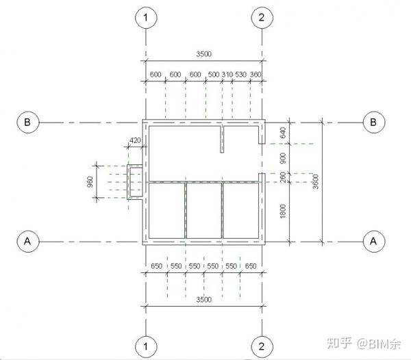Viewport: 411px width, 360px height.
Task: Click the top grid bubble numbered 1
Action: click(146, 18)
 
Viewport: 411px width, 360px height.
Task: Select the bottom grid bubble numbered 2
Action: click(262, 346)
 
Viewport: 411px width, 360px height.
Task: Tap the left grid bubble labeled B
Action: click(28, 123)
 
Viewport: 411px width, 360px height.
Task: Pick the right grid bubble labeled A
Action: click(374, 241)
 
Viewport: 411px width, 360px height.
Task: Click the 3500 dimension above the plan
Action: click(203, 54)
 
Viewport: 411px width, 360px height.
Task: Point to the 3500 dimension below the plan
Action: click(203, 299)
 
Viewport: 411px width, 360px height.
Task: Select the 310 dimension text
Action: click(227, 75)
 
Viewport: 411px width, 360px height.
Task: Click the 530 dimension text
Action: click(240, 75)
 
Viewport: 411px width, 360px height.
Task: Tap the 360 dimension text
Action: click(256, 75)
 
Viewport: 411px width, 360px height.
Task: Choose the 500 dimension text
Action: click(213, 75)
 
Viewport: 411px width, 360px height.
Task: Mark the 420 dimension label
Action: click(135, 140)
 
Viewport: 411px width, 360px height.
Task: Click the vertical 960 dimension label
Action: click(90, 181)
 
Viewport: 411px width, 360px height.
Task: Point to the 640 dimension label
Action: click(283, 133)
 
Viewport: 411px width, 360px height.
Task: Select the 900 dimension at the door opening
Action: click(283, 158)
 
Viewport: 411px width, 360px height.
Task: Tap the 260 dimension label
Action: click(283, 177)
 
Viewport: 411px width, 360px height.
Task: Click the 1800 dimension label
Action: click(283, 211)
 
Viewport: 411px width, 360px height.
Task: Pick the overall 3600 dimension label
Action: click(316, 181)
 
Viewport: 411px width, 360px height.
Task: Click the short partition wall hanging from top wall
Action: click(222, 139)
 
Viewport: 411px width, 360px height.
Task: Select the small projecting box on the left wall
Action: click(135, 182)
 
